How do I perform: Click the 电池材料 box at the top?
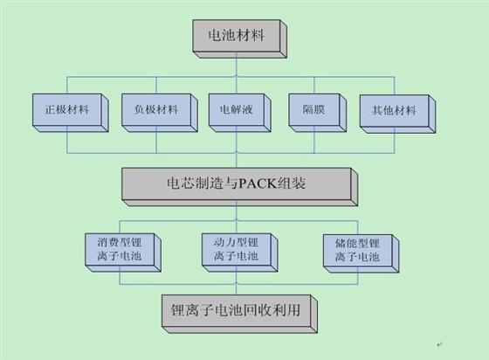click(x=239, y=39)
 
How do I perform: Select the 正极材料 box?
click(x=71, y=113)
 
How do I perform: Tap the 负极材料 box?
click(x=159, y=113)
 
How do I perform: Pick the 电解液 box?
click(x=239, y=113)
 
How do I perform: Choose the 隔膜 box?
click(x=318, y=113)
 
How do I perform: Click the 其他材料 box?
click(x=397, y=114)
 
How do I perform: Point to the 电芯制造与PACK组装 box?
click(x=239, y=187)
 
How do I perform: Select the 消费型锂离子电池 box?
click(x=123, y=253)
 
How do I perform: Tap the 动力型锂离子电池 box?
click(x=239, y=253)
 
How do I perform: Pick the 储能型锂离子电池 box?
click(x=361, y=253)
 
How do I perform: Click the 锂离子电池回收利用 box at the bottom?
click(x=239, y=315)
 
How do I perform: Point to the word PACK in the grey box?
click(x=258, y=183)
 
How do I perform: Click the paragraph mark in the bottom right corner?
click(x=439, y=344)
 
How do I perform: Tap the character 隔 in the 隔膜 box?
click(x=308, y=109)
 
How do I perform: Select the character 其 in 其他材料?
click(x=377, y=110)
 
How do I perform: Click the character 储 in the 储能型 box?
click(x=341, y=243)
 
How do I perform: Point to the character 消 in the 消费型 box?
click(x=103, y=242)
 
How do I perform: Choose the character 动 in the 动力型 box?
click(x=219, y=242)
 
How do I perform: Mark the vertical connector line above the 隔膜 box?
click(x=314, y=85)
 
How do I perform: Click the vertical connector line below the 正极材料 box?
click(x=67, y=140)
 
